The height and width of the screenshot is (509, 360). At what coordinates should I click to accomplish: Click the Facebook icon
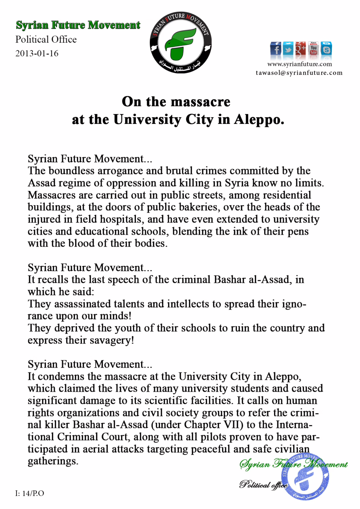point(275,49)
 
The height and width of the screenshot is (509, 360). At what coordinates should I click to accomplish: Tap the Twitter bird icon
point(288,49)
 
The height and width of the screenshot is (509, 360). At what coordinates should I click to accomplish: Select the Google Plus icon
point(301,49)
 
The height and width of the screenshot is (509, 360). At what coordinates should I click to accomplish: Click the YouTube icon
point(313,49)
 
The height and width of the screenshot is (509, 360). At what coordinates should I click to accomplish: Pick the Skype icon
point(326,49)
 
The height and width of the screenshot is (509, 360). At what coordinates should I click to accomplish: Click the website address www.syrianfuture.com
point(299,64)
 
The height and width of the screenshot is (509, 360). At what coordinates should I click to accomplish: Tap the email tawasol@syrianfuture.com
point(299,73)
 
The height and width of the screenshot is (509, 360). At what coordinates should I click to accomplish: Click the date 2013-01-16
point(37,53)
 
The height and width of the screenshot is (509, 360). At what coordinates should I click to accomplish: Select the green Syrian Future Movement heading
point(78,25)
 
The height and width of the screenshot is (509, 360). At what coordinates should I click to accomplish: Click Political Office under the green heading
point(46,39)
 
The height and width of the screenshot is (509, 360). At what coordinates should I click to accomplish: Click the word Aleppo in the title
point(259,120)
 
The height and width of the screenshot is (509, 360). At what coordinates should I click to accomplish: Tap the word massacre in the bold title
point(205,102)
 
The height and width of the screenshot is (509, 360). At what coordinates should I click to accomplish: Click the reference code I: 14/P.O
point(30,493)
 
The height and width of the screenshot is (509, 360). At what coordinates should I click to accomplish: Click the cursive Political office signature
point(263,485)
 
